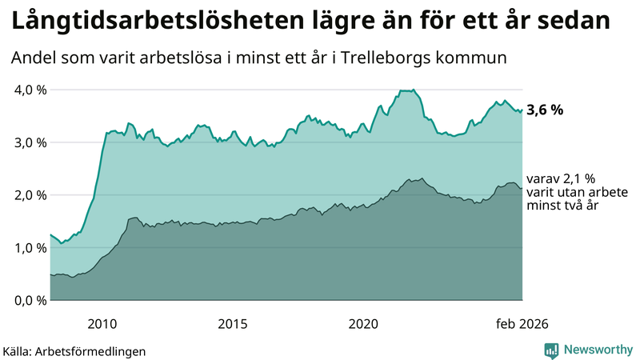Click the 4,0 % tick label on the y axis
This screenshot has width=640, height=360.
[x=30, y=90]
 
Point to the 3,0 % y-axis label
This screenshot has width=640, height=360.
[x=30, y=142]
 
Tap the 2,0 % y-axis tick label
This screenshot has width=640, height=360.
[x=30, y=195]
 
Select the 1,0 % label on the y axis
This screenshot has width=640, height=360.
[x=30, y=248]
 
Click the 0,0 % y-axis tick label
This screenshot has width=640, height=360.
[x=30, y=300]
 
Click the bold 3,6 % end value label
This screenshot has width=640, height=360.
[x=545, y=110]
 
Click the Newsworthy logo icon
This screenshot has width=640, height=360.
[x=551, y=350]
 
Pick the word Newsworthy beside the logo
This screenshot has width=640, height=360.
[x=598, y=350]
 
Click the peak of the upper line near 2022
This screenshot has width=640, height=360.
[x=413, y=90]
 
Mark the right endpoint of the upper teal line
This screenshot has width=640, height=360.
[x=522, y=110]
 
